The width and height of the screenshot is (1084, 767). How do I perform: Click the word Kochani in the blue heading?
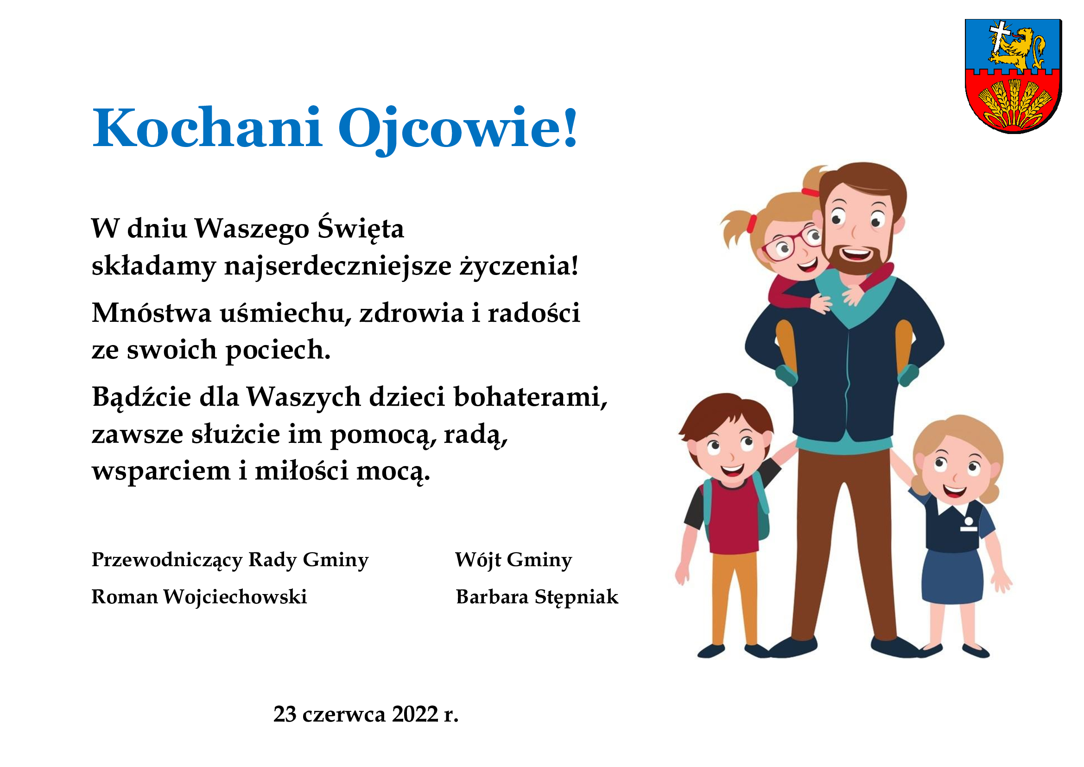[x=207, y=128]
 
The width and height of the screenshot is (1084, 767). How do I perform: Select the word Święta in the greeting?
[x=361, y=229]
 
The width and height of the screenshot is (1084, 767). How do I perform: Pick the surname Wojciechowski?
[x=235, y=596]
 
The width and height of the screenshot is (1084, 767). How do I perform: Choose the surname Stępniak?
[x=577, y=597]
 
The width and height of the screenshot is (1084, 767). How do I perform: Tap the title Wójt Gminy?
[x=513, y=560]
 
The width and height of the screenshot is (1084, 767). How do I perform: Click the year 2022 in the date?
[x=415, y=714]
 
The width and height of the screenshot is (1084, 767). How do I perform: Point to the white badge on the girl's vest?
[x=968, y=525]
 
